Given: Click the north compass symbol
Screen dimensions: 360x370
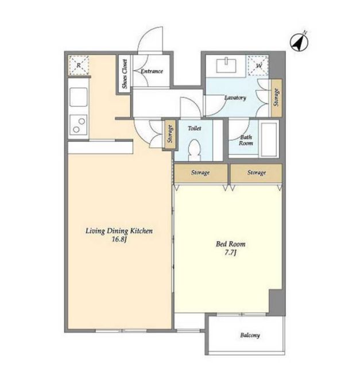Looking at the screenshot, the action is (299, 42).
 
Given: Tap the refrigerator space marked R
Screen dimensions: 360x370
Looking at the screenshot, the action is (79, 65).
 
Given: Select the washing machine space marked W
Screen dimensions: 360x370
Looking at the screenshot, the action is (258, 65).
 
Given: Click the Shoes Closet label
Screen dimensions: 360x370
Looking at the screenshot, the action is (124, 74).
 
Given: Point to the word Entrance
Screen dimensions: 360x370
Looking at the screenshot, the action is (152, 71).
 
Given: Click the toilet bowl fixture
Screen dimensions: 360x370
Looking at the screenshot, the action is (195, 150).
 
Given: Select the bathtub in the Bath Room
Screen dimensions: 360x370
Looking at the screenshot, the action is (269, 139).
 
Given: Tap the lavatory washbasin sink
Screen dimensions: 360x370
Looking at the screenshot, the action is (226, 65).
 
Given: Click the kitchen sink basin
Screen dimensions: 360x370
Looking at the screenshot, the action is (78, 97).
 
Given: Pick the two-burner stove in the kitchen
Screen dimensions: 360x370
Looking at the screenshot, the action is (78, 125).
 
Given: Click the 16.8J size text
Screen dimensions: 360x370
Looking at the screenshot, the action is (119, 239).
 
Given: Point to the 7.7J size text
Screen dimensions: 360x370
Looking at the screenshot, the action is (230, 253).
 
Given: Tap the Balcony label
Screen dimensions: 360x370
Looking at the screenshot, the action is (250, 336).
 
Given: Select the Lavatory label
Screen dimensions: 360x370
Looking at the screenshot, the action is (235, 98).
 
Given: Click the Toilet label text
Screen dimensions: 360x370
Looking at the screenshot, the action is (195, 128).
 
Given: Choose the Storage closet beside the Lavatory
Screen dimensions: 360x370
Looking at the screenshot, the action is (276, 98).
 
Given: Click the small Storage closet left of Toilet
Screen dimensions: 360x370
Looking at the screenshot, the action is (170, 134).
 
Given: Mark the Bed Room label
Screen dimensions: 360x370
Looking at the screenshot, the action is (231, 244).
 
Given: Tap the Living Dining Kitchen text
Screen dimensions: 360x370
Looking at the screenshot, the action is (119, 231).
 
